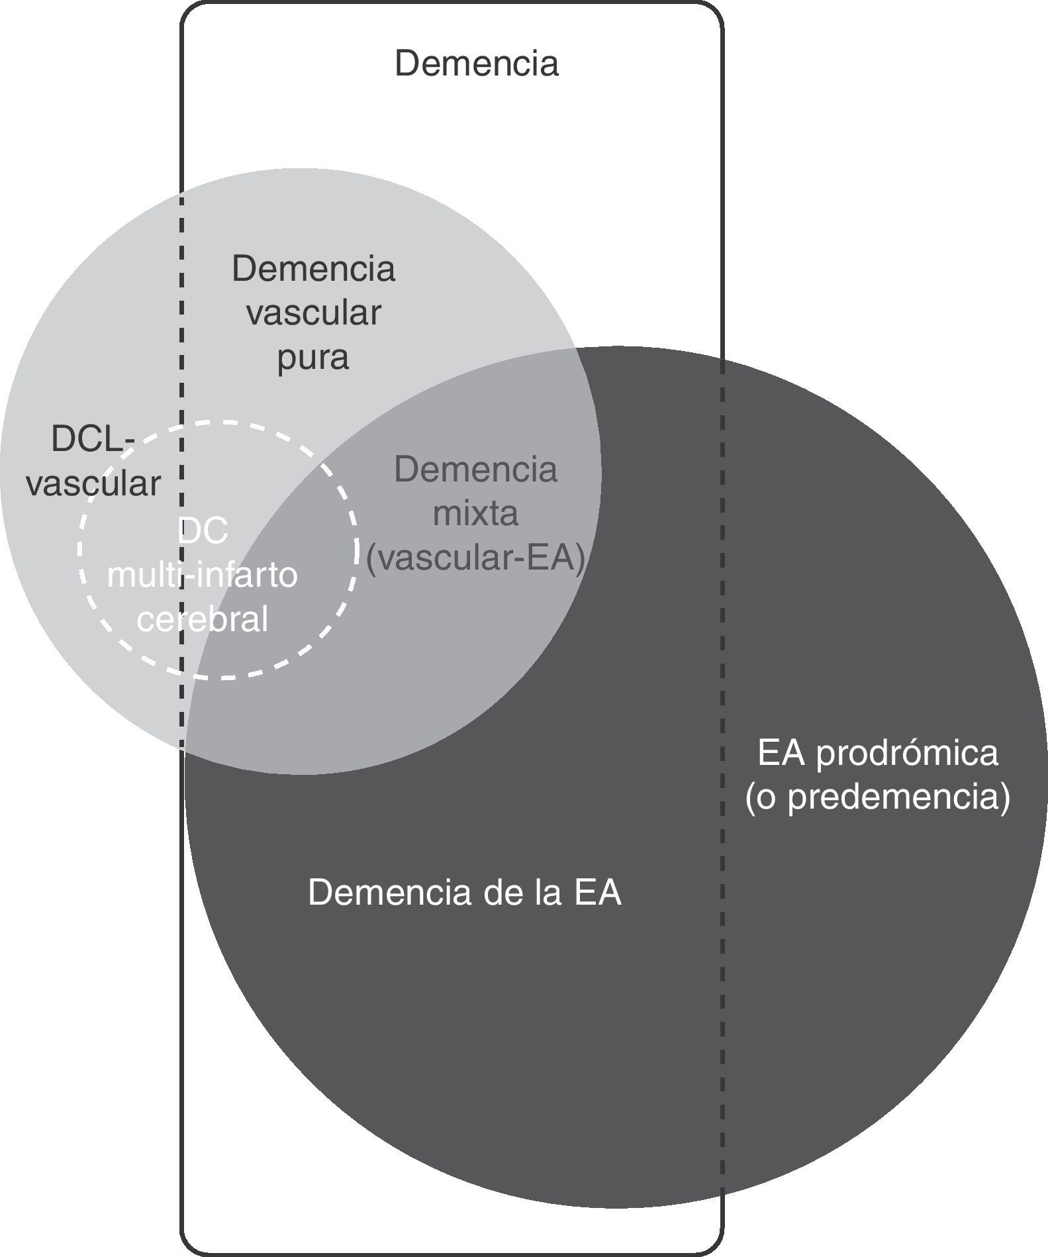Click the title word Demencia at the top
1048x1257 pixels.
[x=477, y=64]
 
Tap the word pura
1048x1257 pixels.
[x=312, y=358]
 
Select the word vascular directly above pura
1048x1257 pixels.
[x=314, y=313]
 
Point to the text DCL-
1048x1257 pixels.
[x=93, y=439]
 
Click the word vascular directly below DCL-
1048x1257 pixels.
[x=93, y=483]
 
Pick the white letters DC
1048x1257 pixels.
[x=203, y=531]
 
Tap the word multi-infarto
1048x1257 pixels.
[x=203, y=575]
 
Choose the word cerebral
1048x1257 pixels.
[x=203, y=619]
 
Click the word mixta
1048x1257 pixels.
[x=475, y=514]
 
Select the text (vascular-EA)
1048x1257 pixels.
[x=475, y=558]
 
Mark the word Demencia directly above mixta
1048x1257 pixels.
[x=475, y=470]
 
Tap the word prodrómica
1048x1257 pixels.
[x=906, y=754]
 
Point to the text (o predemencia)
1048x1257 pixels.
[x=877, y=797]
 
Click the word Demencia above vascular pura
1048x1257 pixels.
[x=314, y=269]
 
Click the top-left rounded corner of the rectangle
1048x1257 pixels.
[x=189, y=9]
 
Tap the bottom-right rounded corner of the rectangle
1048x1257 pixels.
[x=715, y=1247]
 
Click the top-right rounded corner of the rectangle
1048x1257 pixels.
[x=715, y=9]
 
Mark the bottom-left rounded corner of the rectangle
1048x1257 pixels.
[x=189, y=1247]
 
